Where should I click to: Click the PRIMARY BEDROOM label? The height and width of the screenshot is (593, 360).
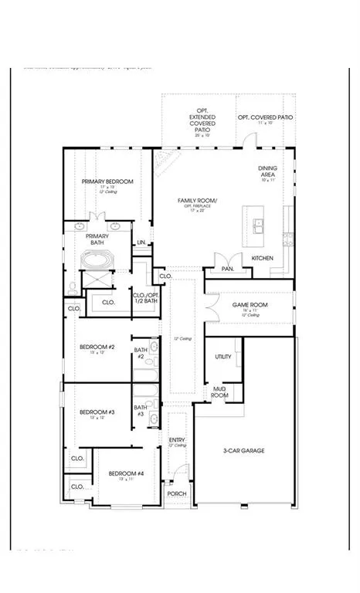click(107, 181)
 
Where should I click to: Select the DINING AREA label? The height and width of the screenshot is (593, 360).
click(268, 171)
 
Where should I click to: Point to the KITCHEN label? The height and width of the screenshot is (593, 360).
click(262, 257)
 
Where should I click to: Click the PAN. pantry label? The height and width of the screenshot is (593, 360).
click(228, 269)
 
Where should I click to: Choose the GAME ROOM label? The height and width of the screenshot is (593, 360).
click(250, 305)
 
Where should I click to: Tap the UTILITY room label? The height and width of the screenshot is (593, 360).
click(224, 357)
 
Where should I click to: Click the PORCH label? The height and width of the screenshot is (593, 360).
click(177, 494)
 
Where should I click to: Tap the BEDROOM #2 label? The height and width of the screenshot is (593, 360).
click(97, 347)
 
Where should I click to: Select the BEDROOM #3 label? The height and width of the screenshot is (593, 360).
click(97, 412)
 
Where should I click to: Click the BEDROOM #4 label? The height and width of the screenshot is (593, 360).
click(126, 473)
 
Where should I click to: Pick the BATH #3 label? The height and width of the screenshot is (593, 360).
click(141, 411)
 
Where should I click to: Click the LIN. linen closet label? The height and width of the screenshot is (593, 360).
click(141, 243)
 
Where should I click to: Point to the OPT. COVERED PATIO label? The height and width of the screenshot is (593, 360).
click(265, 117)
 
